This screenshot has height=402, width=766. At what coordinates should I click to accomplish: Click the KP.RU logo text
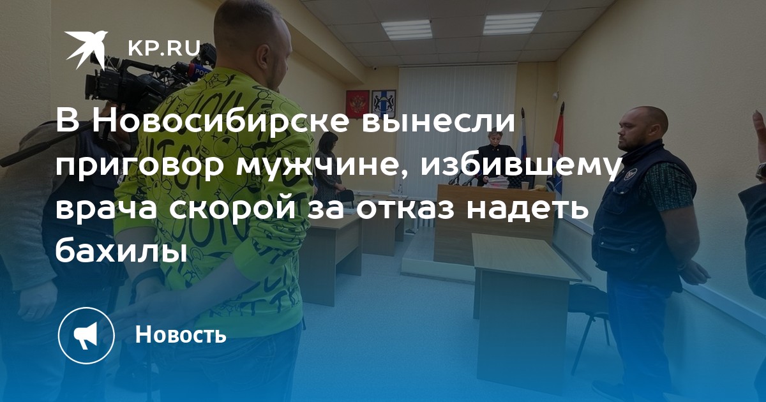164,48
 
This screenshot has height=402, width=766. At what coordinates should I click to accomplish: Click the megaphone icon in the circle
86,336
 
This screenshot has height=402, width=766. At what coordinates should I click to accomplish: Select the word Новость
181,334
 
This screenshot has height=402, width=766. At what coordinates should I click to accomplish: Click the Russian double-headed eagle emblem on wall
357,103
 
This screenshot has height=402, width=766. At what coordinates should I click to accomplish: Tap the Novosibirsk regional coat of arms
384,103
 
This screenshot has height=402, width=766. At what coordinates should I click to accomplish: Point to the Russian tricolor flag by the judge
522,144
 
